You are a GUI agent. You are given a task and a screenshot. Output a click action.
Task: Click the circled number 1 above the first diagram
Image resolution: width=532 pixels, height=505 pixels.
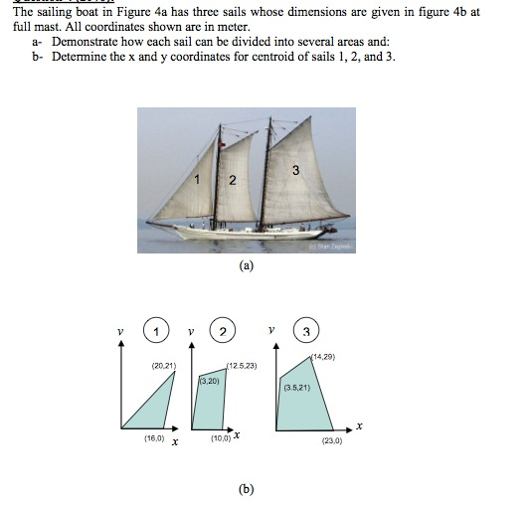155,331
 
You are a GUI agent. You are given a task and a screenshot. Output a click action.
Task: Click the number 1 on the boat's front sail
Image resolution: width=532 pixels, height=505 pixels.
198,180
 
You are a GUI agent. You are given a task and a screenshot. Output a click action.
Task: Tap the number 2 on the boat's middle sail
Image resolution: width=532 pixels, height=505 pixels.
232,181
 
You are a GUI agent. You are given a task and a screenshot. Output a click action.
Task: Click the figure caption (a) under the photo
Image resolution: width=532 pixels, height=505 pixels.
246,265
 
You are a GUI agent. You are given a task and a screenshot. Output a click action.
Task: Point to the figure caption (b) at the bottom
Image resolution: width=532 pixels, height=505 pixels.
246,488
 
